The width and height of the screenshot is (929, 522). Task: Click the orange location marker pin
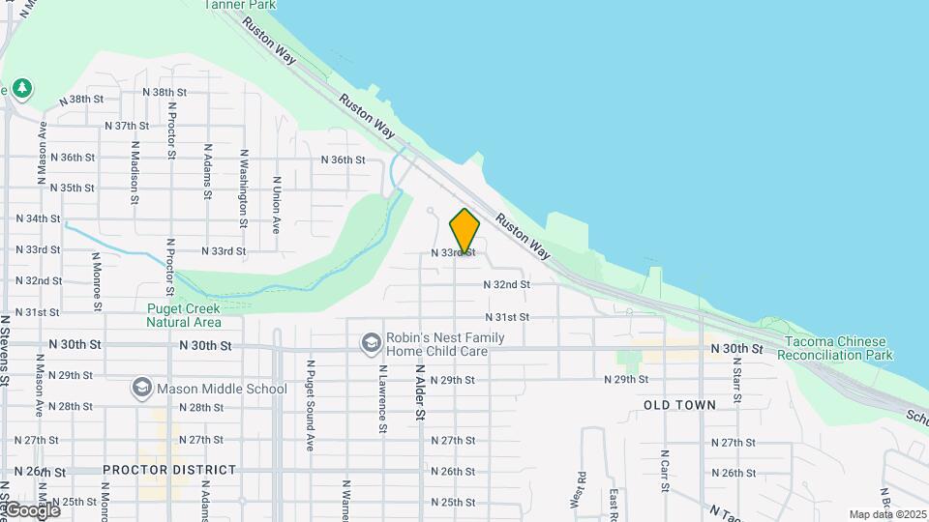click(464, 231)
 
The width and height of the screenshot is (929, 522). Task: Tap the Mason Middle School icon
click(142, 389)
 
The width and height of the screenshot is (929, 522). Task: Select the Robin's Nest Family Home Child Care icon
click(371, 343)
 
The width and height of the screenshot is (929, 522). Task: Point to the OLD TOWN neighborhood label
click(679, 405)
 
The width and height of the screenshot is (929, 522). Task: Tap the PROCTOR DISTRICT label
click(169, 470)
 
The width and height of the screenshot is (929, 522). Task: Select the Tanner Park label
click(240, 5)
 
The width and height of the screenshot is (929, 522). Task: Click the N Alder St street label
click(420, 391)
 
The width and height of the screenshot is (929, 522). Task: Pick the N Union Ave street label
click(277, 205)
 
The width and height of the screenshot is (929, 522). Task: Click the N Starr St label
click(736, 381)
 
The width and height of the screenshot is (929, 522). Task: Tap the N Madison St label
click(134, 174)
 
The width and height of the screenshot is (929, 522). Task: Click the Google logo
click(31, 509)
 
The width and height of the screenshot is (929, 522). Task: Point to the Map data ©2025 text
click(886, 514)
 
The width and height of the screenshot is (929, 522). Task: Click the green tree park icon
click(22, 89)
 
